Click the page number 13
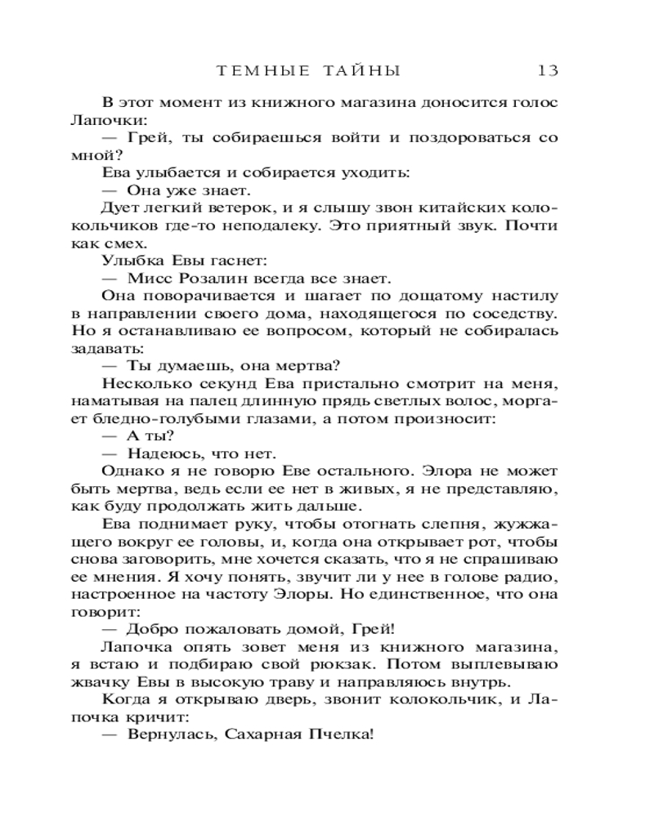pyautogui.click(x=548, y=70)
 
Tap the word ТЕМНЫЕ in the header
pyautogui.click(x=264, y=70)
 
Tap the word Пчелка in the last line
pyautogui.click(x=341, y=735)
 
